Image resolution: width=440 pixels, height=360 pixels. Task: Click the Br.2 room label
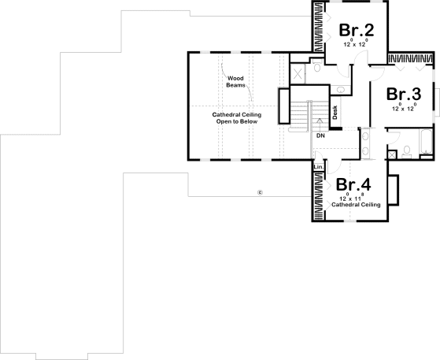[355, 30]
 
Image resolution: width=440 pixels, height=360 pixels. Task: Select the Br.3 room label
[404, 93]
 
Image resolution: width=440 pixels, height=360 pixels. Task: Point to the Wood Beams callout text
[236, 81]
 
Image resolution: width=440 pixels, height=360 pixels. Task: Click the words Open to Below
[236, 122]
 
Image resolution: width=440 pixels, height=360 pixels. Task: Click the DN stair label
[320, 136]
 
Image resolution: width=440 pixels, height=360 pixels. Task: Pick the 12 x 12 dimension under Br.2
[355, 45]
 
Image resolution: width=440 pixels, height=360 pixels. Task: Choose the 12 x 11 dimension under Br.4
[353, 198]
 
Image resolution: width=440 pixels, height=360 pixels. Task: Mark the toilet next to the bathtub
[402, 150]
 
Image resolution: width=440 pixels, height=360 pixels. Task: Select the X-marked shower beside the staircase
[298, 73]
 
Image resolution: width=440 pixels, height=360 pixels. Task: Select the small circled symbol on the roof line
[259, 191]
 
